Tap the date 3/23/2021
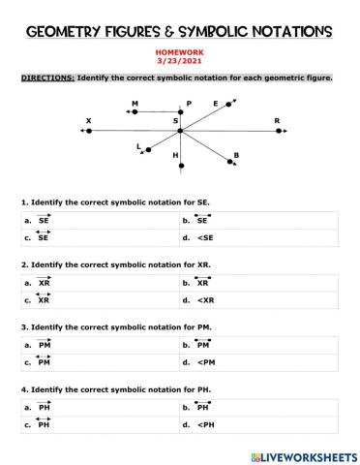point(180,66)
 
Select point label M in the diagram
point(135,103)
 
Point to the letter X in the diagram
point(88,121)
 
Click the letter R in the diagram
point(277,121)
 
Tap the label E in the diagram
point(215,104)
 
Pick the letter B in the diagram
point(236,155)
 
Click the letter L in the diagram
point(139,146)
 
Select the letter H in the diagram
point(175,155)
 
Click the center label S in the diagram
point(175,121)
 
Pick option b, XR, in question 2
point(202,283)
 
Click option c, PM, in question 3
point(44,362)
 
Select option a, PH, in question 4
point(44,407)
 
